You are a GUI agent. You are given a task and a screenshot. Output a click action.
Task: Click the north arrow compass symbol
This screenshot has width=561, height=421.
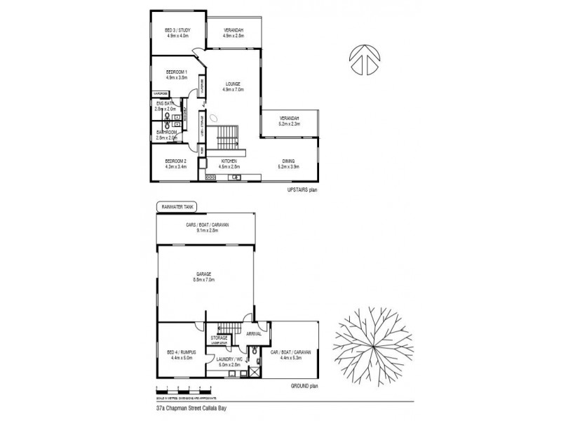tap(363, 60)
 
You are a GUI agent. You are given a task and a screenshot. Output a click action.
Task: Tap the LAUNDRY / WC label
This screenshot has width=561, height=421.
tap(229, 362)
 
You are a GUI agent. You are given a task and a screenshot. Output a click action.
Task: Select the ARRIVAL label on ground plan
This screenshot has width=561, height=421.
tap(255, 334)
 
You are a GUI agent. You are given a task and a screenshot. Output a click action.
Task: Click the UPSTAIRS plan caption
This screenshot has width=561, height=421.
tap(302, 190)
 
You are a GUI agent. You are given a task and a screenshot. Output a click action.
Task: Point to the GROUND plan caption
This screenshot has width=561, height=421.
tap(305, 386)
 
